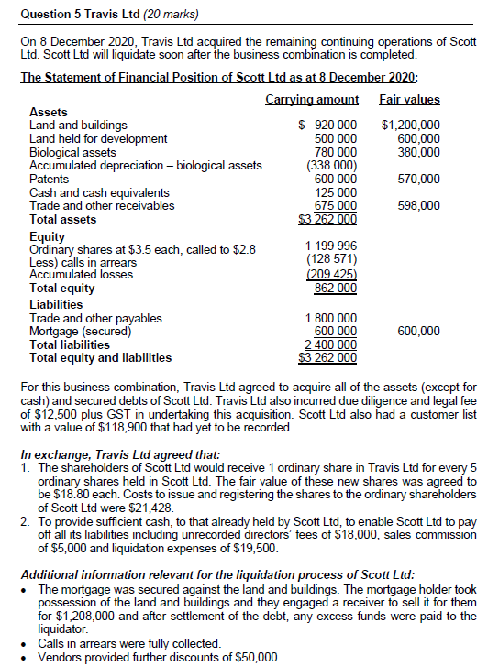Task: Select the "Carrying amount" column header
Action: coord(312,99)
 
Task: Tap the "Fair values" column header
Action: coord(409,99)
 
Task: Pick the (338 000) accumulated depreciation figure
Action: coord(330,166)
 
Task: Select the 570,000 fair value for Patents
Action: coord(418,179)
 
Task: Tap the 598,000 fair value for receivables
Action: coord(418,206)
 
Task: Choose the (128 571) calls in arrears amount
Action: coord(330,260)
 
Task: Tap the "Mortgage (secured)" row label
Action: coord(79,331)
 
